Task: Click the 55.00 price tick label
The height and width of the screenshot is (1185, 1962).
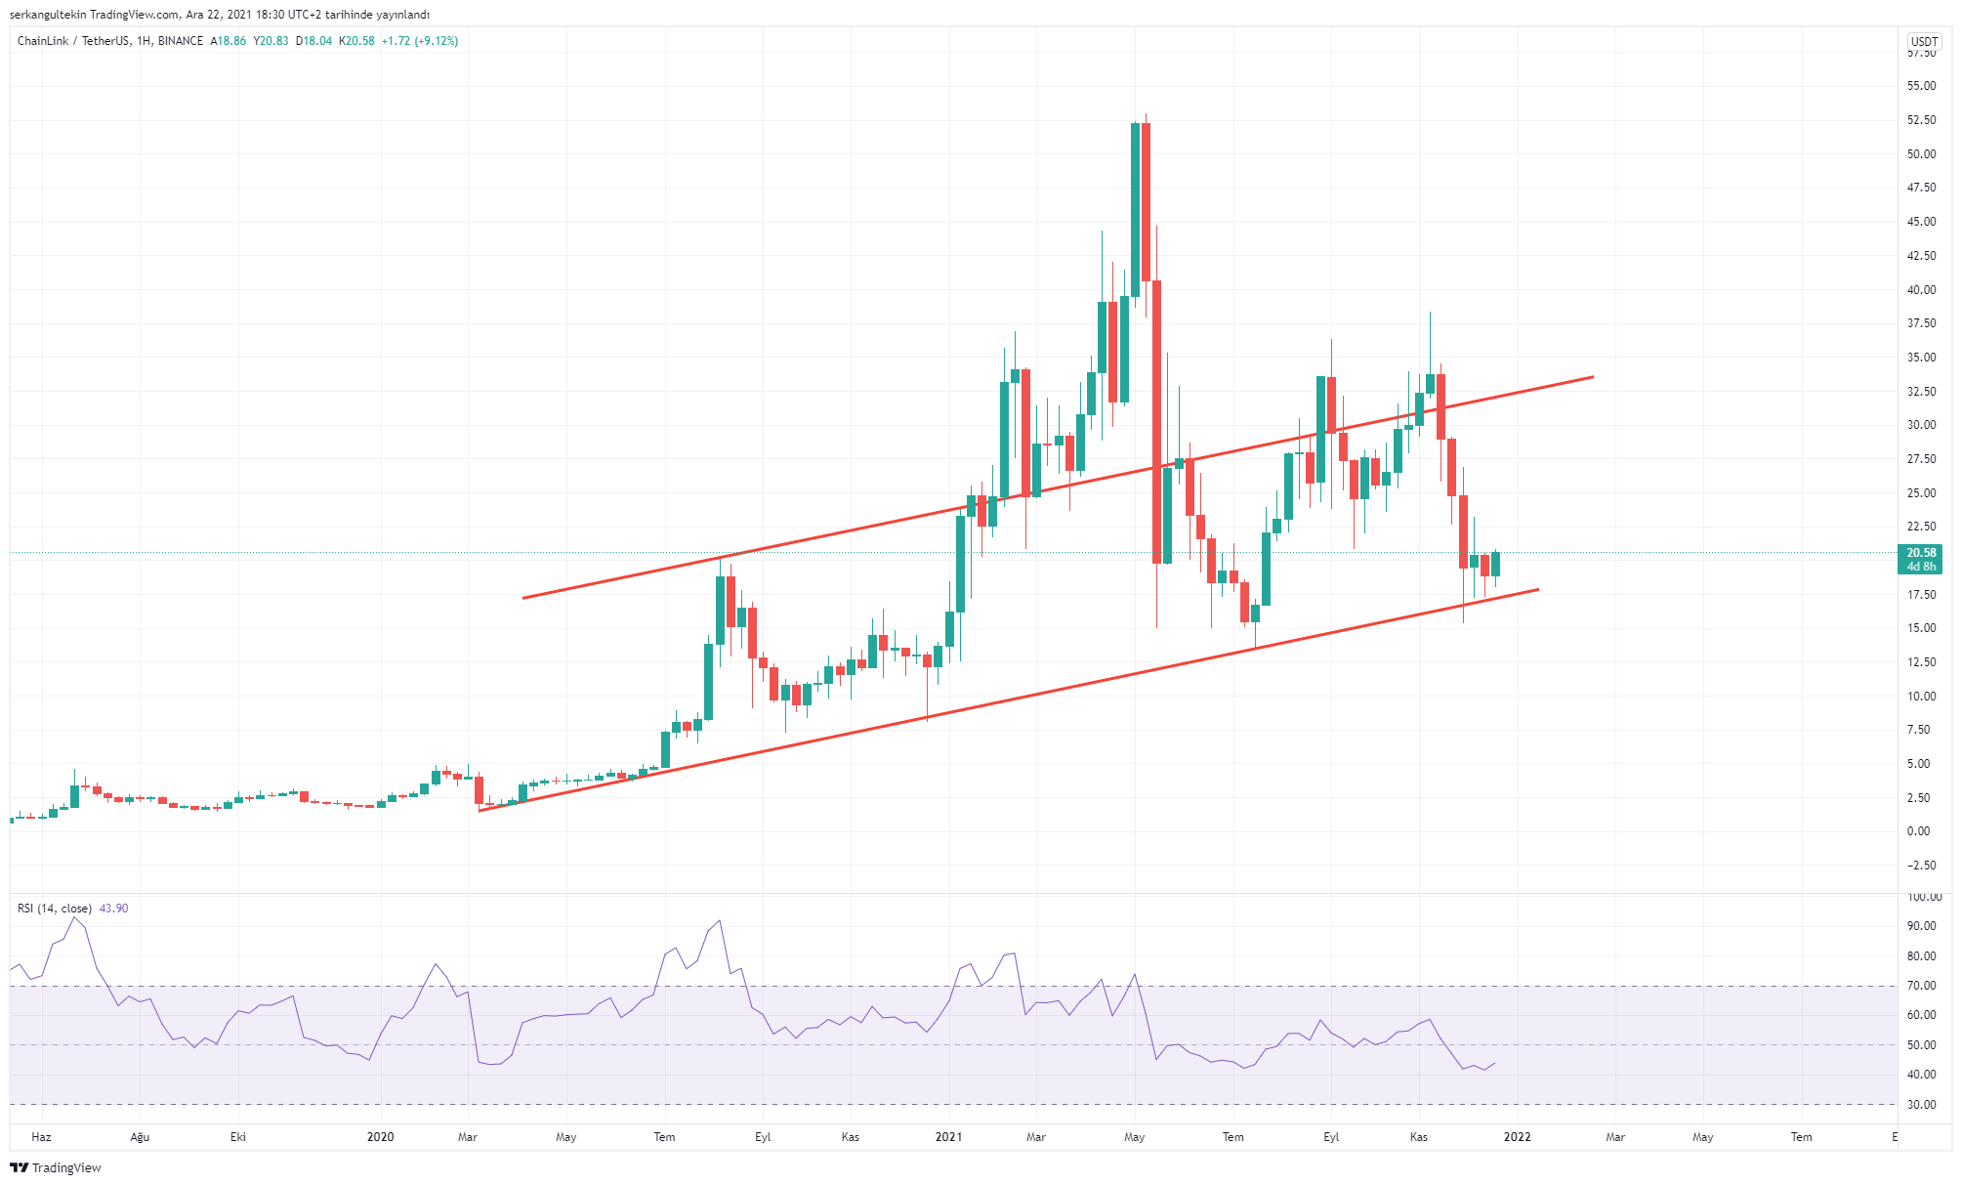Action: tap(1921, 86)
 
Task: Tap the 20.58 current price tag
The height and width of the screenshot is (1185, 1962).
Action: tap(1920, 553)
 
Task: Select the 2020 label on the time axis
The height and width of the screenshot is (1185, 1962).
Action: tap(380, 1137)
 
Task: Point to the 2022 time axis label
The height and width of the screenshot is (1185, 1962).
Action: tap(1517, 1137)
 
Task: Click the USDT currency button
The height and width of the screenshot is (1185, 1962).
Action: tap(1924, 42)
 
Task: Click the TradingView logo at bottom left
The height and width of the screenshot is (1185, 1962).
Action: tap(56, 1167)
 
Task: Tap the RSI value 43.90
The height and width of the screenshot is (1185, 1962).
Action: tap(113, 909)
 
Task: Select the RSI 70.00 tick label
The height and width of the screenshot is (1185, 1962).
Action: tap(1921, 986)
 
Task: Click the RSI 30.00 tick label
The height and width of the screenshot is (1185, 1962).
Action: tap(1921, 1105)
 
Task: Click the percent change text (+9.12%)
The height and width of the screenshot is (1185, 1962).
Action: tap(436, 41)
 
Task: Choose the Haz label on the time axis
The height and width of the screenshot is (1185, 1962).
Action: tap(41, 1137)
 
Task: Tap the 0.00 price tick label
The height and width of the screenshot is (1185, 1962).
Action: tap(1919, 831)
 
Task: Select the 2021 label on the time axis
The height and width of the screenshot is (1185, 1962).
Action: tap(948, 1137)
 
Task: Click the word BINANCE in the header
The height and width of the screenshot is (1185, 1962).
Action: tap(181, 41)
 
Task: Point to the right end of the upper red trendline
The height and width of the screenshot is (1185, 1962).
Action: tap(1592, 377)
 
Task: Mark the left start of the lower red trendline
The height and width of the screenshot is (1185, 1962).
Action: tap(480, 810)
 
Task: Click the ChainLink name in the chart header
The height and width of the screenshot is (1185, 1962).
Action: tap(43, 41)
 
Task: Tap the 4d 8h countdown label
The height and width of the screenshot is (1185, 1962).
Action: tap(1920, 567)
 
